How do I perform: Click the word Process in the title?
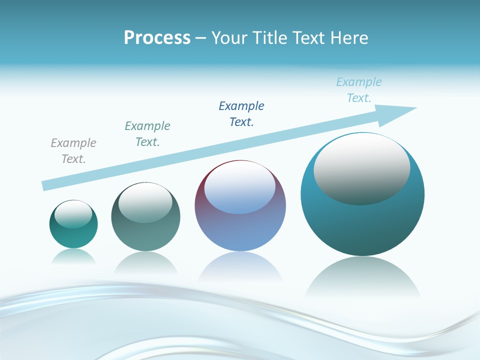[x=157, y=38]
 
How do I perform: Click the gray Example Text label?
[x=73, y=151]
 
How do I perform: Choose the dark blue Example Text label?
[x=241, y=114]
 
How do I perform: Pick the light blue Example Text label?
[x=359, y=90]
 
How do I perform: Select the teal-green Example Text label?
[x=147, y=134]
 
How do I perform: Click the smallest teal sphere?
[x=73, y=236]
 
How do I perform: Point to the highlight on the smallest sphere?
[x=73, y=214]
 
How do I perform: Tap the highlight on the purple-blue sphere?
[x=239, y=188]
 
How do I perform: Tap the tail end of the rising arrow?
[x=46, y=185]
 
